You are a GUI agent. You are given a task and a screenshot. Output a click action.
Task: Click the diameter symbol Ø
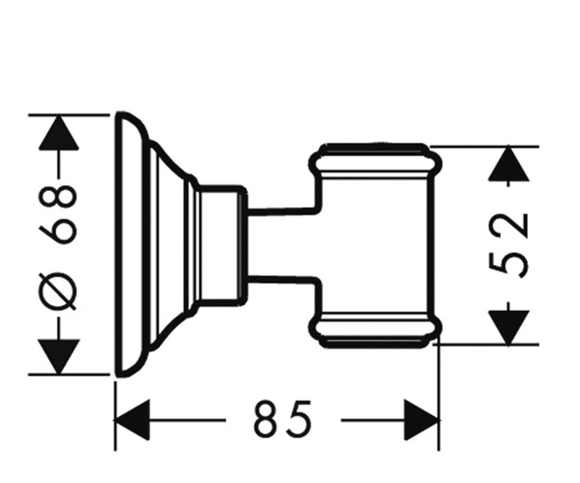(58, 291)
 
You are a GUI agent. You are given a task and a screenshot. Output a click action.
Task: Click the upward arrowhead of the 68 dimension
(58, 133)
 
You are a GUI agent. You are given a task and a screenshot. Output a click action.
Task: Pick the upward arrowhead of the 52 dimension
(508, 164)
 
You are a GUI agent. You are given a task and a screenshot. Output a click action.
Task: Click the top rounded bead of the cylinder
(375, 163)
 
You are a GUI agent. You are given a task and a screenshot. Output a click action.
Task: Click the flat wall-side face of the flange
(118, 245)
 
